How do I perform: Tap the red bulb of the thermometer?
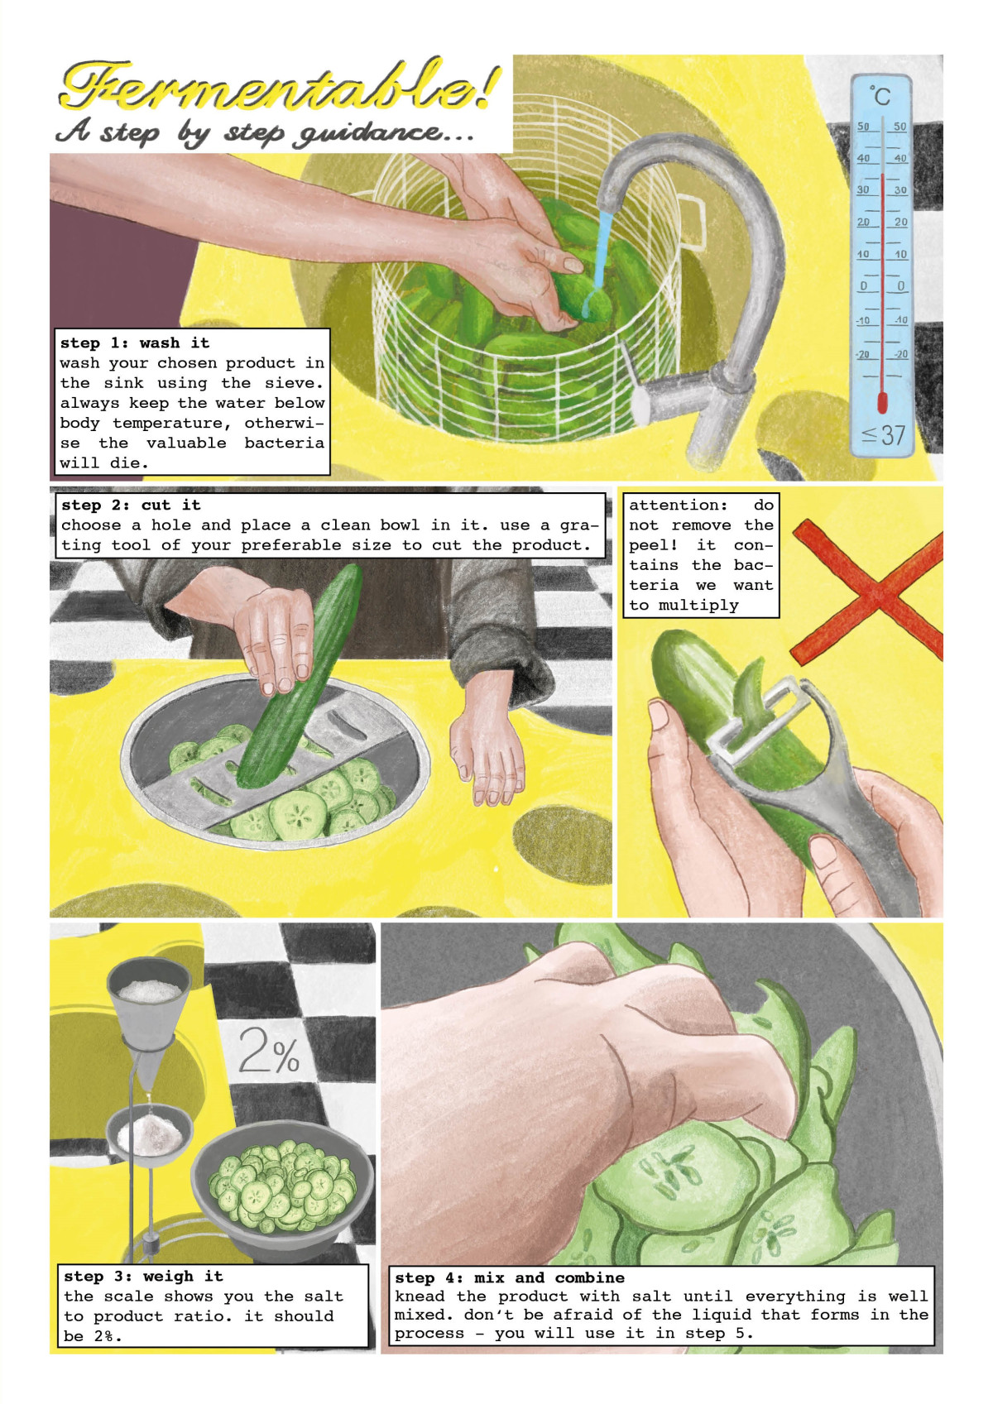882,402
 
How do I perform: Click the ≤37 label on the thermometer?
884,434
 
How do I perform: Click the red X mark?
868,591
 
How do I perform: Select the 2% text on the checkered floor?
269,1052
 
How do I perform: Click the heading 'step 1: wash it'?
135,343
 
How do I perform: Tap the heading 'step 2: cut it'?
131,505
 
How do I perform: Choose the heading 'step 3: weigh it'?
143,1276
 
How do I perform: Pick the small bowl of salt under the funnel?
150,1135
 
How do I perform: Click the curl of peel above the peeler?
751,688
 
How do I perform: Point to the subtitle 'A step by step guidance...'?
265,133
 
